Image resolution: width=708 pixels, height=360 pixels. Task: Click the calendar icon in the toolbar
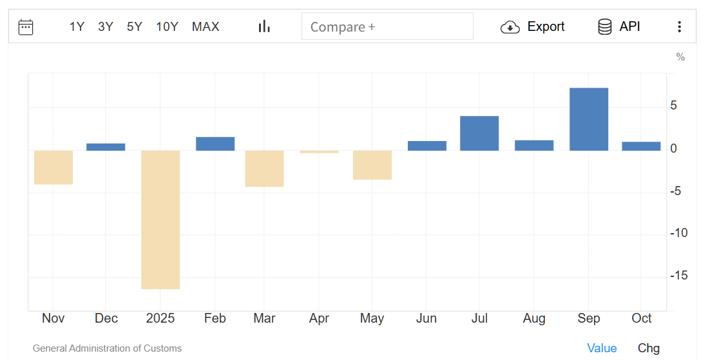(26, 26)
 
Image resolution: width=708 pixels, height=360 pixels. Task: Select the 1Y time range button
(77, 26)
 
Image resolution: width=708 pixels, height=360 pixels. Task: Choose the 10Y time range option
(167, 26)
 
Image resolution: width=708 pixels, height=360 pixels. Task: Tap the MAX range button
(206, 26)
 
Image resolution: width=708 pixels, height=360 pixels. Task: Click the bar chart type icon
(264, 26)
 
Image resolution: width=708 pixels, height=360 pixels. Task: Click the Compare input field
(387, 26)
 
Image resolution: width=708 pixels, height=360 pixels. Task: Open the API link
(619, 26)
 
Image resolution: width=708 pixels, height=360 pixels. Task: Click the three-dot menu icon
(679, 26)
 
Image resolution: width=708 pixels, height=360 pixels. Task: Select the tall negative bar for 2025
(160, 219)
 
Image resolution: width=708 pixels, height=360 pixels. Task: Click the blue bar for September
(589, 119)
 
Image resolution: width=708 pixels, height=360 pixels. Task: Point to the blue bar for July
(479, 133)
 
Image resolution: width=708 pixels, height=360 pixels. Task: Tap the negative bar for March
(264, 169)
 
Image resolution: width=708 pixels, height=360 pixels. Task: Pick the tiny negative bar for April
(319, 152)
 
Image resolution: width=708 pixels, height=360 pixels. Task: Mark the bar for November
(53, 167)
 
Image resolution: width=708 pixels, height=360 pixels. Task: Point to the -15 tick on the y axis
(678, 275)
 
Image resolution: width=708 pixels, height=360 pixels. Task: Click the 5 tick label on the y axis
(674, 105)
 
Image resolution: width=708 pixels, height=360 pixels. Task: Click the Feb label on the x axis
(215, 318)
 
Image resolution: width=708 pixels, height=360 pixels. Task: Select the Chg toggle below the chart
(649, 348)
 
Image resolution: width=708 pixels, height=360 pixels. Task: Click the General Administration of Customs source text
(107, 348)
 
